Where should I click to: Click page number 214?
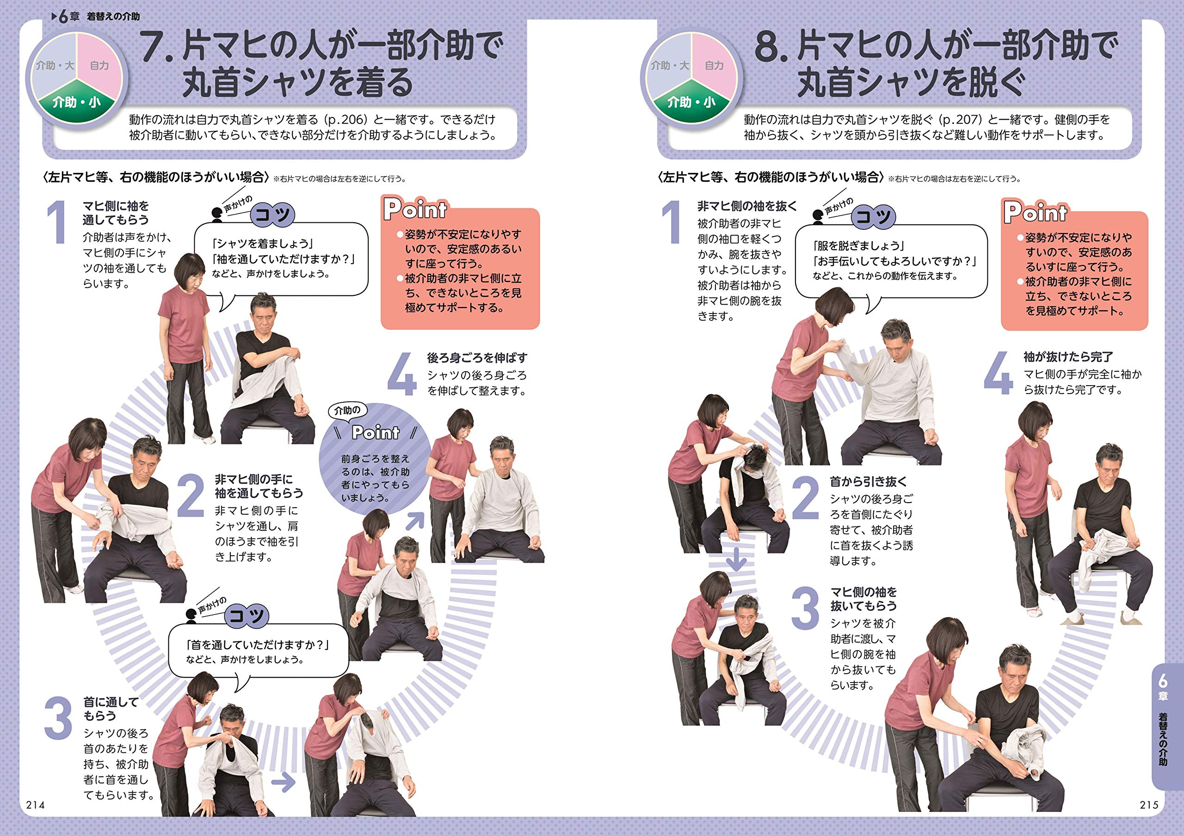[36, 805]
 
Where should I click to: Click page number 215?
[1148, 805]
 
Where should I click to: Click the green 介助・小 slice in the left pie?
[76, 102]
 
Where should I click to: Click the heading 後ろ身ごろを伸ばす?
[477, 358]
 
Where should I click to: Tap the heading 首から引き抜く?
[868, 481]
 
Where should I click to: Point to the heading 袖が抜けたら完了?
[1068, 357]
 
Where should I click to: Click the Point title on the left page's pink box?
[416, 209]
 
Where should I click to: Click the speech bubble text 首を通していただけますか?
[257, 645]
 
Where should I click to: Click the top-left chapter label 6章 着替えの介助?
[96, 17]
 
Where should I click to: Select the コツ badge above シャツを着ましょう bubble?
[272, 215]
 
